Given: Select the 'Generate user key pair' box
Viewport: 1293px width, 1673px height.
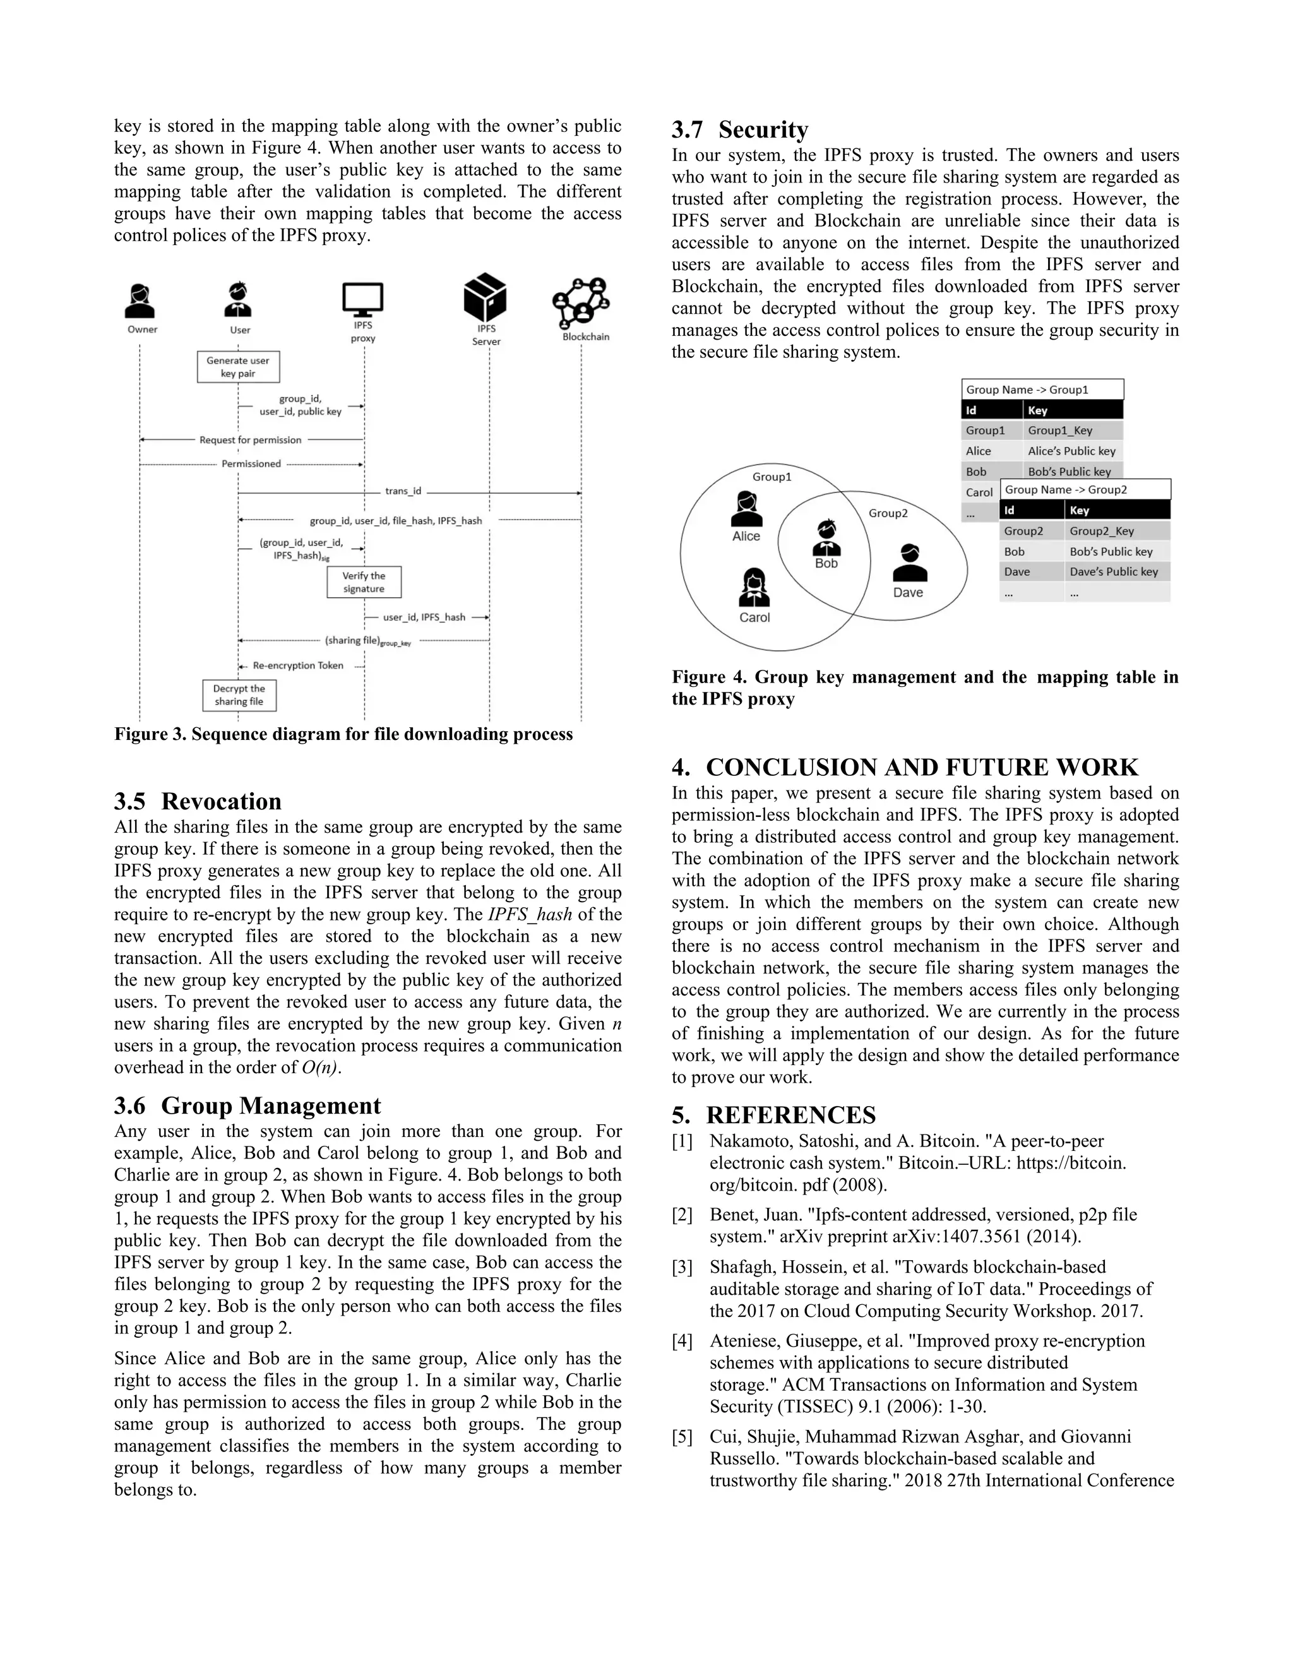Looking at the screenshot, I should tap(238, 367).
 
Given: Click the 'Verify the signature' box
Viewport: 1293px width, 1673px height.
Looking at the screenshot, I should tap(364, 582).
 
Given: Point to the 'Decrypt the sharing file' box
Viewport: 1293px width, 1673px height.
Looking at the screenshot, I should tap(239, 695).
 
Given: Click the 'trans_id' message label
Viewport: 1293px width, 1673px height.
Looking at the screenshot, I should tap(403, 491).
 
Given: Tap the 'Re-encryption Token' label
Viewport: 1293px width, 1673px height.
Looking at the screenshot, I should tap(298, 665).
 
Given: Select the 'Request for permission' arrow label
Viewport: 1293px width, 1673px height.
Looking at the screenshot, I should tap(251, 439).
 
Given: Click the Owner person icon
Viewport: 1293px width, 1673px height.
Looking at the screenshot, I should tap(140, 302).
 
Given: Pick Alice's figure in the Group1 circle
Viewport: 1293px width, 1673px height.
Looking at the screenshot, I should tap(746, 510).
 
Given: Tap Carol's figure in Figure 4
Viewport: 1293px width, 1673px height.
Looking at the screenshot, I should tap(754, 588).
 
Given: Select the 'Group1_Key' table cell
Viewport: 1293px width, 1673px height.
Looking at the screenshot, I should tap(1060, 431).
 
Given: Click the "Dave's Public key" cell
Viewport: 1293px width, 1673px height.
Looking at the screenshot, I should tap(1114, 571).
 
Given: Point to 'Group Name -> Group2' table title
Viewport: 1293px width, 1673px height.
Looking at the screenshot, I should tap(1066, 489).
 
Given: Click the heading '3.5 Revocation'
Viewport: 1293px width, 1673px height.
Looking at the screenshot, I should tap(198, 801).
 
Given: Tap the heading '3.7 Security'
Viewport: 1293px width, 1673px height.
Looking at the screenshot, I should tap(740, 129).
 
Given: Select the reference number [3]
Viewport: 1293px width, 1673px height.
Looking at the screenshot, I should tap(682, 1267).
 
